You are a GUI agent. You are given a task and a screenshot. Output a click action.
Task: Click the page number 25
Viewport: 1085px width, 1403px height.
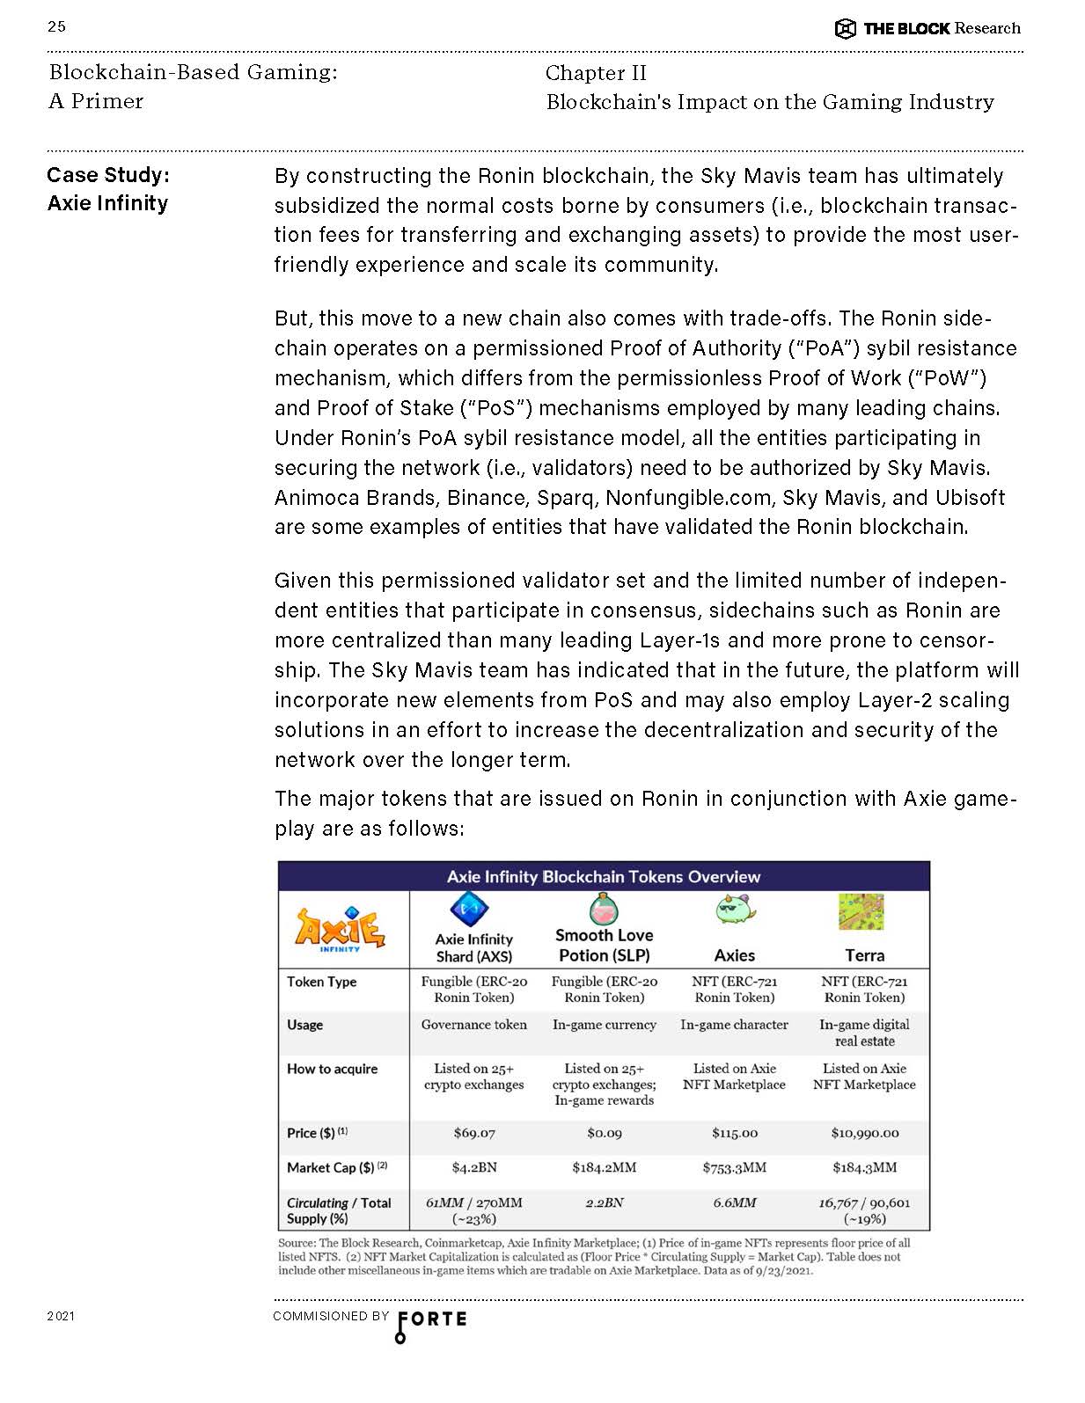56,26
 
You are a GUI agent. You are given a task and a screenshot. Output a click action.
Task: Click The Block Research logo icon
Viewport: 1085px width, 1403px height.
845,29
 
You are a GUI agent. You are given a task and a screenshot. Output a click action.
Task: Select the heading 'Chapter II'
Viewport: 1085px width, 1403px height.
596,73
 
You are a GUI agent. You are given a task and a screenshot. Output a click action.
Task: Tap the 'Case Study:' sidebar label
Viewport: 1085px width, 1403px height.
108,175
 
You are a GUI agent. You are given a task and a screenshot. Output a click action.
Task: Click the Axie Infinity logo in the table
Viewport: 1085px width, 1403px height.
341,929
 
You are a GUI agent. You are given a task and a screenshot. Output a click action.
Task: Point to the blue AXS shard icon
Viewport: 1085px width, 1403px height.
469,910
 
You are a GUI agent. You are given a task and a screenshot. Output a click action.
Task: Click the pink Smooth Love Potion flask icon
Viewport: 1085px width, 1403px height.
604,909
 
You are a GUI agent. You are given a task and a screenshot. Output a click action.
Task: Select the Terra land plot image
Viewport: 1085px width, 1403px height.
861,912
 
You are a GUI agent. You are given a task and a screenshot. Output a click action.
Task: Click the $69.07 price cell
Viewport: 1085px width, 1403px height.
474,1133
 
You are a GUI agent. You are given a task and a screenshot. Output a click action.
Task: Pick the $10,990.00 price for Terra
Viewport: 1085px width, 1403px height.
864,1133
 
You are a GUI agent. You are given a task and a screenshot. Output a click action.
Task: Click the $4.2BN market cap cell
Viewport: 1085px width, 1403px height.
474,1167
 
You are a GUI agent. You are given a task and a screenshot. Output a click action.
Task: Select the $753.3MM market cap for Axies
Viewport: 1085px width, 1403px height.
734,1167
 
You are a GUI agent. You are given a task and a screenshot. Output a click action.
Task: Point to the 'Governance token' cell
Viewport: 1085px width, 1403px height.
474,1025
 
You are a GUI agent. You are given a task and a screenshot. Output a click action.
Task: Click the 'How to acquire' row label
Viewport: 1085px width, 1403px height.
332,1069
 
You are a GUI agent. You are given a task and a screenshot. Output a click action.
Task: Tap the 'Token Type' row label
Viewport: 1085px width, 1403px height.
321,982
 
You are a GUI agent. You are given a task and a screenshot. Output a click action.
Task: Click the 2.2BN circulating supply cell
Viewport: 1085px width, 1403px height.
604,1202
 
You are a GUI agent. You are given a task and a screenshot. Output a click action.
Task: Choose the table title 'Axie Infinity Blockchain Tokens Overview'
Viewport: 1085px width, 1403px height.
604,877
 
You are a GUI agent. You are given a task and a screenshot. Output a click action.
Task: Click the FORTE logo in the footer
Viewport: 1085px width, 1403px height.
431,1321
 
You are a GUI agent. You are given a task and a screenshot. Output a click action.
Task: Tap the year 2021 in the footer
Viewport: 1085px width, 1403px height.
61,1316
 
